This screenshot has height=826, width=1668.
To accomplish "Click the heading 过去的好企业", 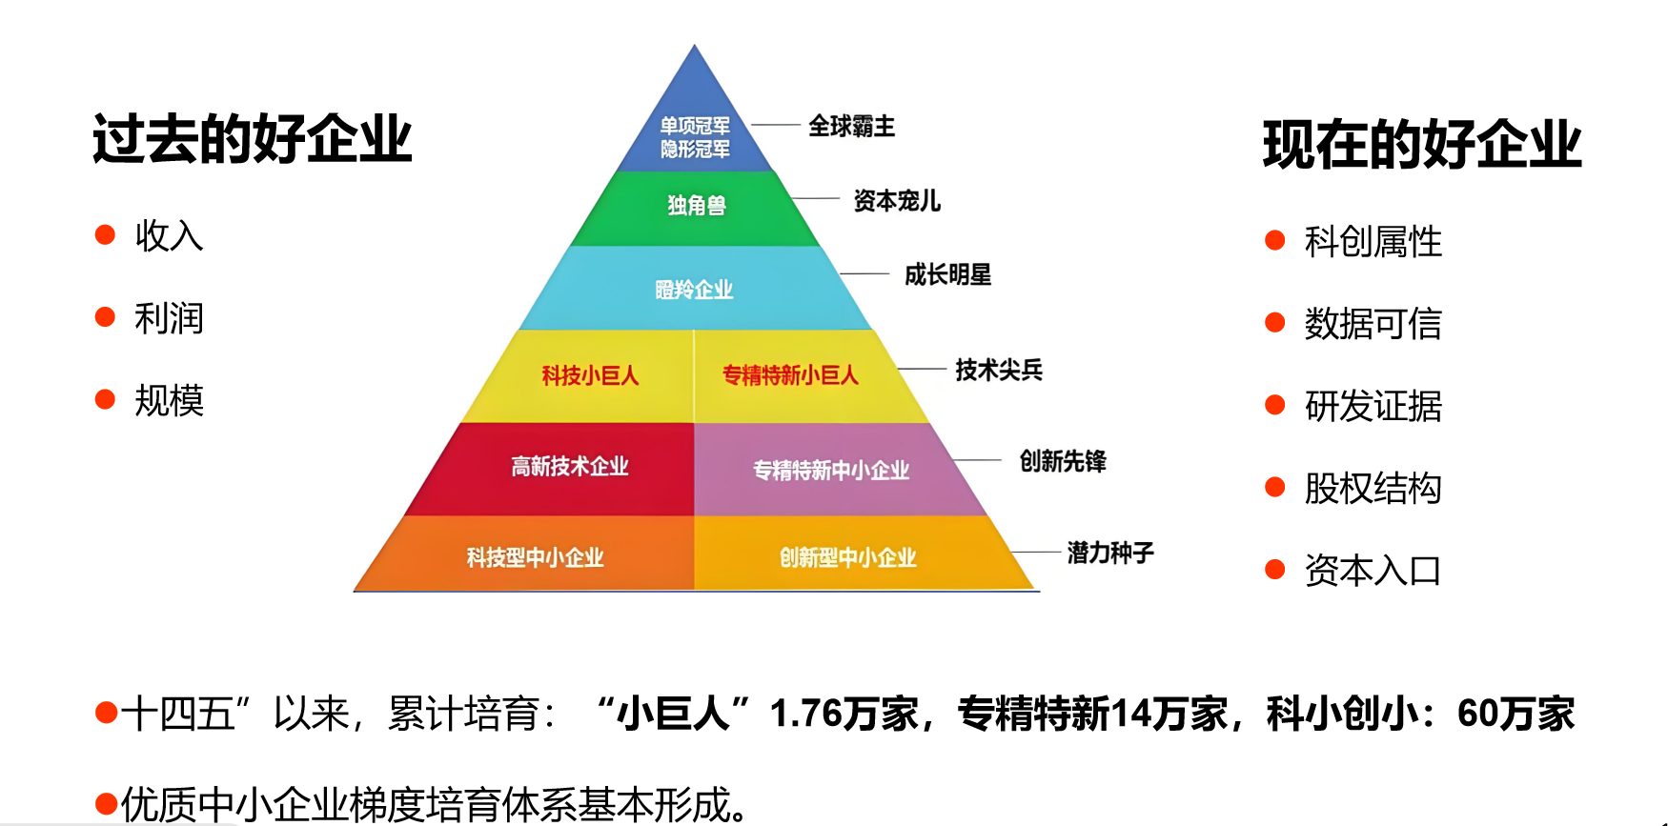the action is click(253, 139).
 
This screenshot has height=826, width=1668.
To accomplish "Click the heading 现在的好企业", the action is click(1422, 145).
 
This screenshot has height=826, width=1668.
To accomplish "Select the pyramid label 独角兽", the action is click(697, 205).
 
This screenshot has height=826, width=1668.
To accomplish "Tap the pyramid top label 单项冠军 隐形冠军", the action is click(696, 137).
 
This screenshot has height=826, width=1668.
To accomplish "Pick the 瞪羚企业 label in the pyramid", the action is click(694, 290).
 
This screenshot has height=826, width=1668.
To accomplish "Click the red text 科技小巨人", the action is click(590, 375).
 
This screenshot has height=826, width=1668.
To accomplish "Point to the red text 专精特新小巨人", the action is click(790, 375).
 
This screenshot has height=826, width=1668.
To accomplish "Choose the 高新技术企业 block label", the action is click(570, 466).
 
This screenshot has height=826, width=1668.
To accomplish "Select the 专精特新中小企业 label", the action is click(831, 470).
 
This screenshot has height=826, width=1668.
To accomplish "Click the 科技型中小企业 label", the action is click(535, 557).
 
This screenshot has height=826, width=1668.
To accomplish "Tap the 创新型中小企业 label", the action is click(848, 557).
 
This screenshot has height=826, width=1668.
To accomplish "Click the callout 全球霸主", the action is click(852, 126).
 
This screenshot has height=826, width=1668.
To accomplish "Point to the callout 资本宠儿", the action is click(897, 201).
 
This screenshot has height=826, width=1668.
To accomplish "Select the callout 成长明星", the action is click(948, 275).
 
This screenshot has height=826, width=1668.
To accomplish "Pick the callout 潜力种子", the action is click(1110, 553).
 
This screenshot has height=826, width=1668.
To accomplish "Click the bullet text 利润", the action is click(170, 318).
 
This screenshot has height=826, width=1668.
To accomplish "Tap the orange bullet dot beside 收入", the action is click(105, 235).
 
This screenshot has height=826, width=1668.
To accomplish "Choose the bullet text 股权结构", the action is click(1373, 489).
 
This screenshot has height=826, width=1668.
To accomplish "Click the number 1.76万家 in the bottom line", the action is click(844, 714).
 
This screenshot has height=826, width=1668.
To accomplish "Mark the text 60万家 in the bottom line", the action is click(1516, 714).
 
